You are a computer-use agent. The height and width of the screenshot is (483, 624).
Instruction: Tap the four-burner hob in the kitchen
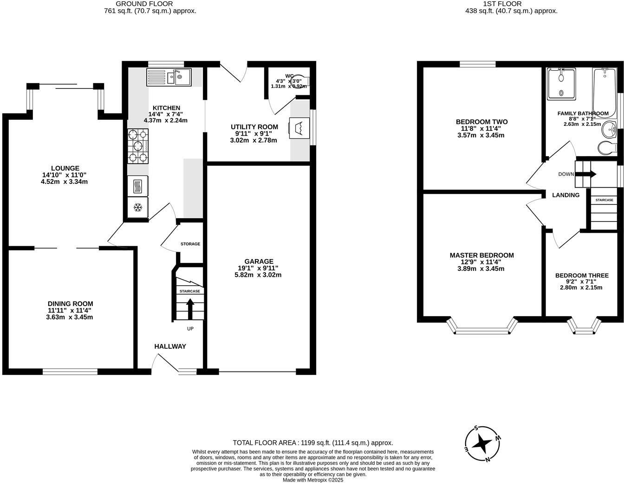[138, 146]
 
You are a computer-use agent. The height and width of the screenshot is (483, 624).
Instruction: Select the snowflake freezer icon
[138, 207]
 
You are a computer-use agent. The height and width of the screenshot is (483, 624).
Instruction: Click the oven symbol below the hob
[138, 186]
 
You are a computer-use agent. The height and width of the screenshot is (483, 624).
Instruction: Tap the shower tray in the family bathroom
[561, 84]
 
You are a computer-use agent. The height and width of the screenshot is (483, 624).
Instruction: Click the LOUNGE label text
[65, 168]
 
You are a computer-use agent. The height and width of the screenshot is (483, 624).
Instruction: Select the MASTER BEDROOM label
[481, 255]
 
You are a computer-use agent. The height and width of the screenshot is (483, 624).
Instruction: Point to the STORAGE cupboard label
[190, 244]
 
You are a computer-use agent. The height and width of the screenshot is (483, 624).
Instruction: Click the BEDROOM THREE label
[581, 275]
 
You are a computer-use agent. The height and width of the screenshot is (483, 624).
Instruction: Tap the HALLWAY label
[170, 346]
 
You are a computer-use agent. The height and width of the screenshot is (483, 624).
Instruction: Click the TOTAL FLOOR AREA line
[312, 443]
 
